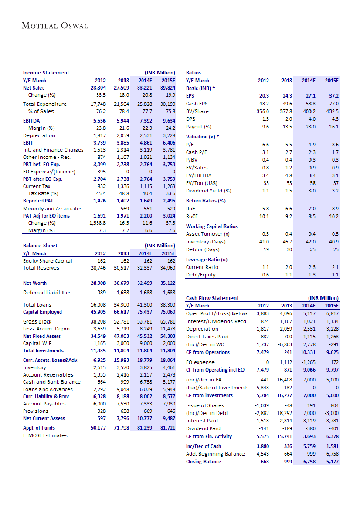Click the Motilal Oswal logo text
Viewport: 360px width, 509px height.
click(x=55, y=26)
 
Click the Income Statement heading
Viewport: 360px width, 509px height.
click(x=46, y=73)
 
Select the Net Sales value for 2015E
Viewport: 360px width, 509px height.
click(x=167, y=88)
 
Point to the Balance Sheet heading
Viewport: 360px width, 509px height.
click(x=40, y=246)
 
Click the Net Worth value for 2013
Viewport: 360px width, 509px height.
click(x=127, y=283)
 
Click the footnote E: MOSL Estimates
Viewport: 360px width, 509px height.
click(x=45, y=435)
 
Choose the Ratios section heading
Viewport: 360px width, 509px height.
click(x=194, y=73)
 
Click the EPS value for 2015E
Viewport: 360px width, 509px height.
click(x=334, y=95)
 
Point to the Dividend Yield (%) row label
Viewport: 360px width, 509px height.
click(x=208, y=191)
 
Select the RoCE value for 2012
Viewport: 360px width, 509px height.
click(x=263, y=216)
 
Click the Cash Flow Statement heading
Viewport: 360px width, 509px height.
click(x=212, y=298)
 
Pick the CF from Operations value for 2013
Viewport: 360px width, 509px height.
click(x=286, y=352)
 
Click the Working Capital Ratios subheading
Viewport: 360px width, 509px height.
click(x=212, y=226)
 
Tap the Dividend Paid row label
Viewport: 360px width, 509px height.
click(x=203, y=428)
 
